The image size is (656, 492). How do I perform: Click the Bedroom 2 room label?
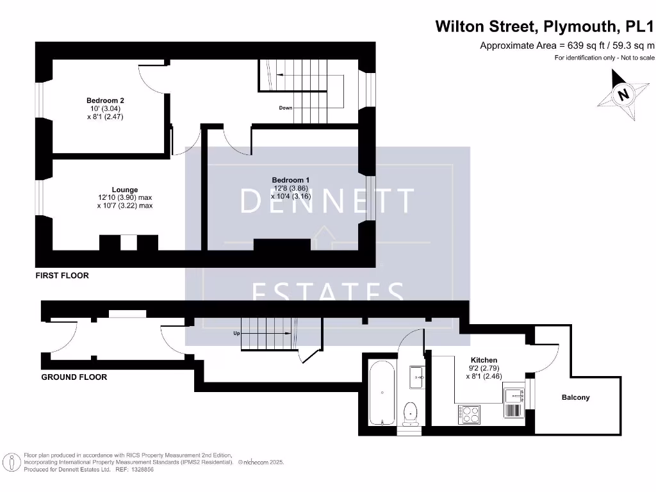tap(105, 101)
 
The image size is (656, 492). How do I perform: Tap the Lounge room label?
tap(125, 190)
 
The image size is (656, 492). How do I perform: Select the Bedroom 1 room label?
tap(290, 180)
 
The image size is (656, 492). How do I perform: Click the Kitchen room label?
tap(484, 360)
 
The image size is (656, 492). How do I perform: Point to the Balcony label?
tap(575, 398)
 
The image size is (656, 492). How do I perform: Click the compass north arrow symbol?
tap(621, 95)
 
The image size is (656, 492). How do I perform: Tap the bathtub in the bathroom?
tap(382, 392)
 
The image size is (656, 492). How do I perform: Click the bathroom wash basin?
tap(417, 374)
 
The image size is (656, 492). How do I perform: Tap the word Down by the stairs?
tap(286, 108)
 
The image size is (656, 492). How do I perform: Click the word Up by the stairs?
tap(236, 334)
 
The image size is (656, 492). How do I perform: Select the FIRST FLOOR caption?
tap(62, 275)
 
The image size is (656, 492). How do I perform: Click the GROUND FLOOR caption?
tap(74, 377)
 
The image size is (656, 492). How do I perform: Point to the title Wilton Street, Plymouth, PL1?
tap(545, 26)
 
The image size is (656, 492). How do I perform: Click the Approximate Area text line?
tap(567, 45)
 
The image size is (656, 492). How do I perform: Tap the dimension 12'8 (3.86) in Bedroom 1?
tap(290, 188)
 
